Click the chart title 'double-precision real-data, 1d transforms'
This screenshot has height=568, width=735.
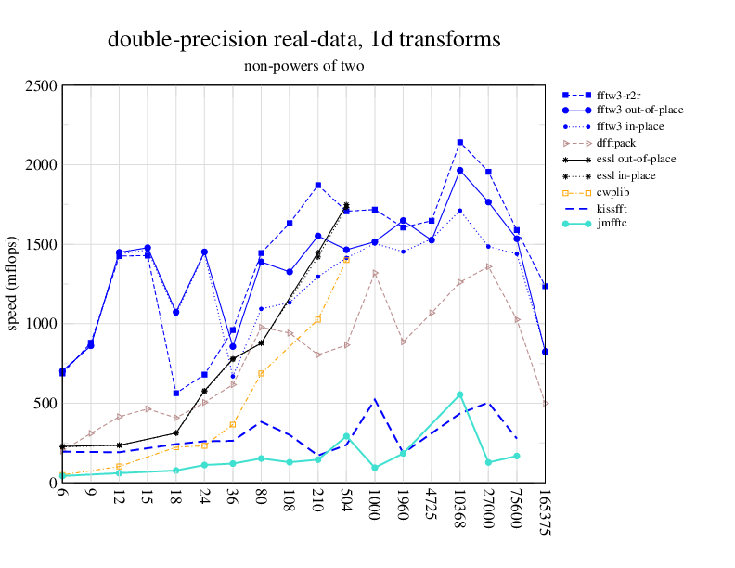point(304,40)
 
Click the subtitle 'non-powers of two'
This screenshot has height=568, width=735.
point(304,66)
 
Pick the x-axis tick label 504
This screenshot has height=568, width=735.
point(346,502)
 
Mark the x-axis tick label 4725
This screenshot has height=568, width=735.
point(432,506)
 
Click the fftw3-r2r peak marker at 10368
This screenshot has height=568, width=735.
point(459,143)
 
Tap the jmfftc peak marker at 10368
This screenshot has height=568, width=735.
point(459,394)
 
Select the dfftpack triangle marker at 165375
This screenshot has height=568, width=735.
point(546,404)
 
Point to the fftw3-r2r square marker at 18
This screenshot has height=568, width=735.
point(175,394)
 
